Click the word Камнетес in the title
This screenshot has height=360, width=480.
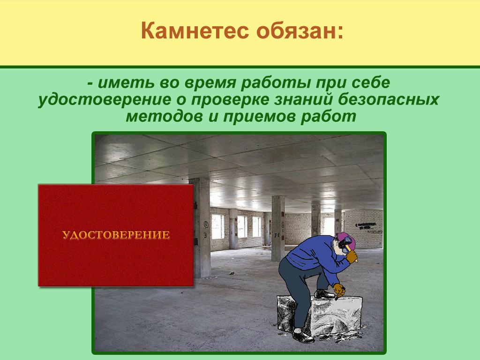(x=195, y=31)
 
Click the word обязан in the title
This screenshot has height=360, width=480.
(x=297, y=31)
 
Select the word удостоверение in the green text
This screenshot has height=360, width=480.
(x=105, y=100)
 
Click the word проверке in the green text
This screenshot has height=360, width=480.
(x=232, y=100)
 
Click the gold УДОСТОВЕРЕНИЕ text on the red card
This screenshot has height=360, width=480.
(x=116, y=235)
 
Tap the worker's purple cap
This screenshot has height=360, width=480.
(x=346, y=239)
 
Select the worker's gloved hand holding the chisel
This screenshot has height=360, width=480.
(x=339, y=289)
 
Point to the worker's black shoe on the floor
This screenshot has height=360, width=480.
(x=303, y=336)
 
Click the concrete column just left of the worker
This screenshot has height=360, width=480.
(x=278, y=228)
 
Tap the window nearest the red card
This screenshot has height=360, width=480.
(x=217, y=226)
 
